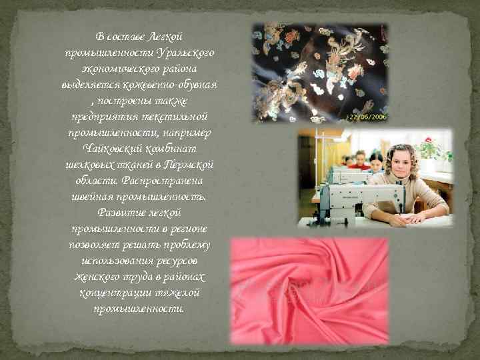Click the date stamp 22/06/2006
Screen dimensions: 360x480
[367, 117]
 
